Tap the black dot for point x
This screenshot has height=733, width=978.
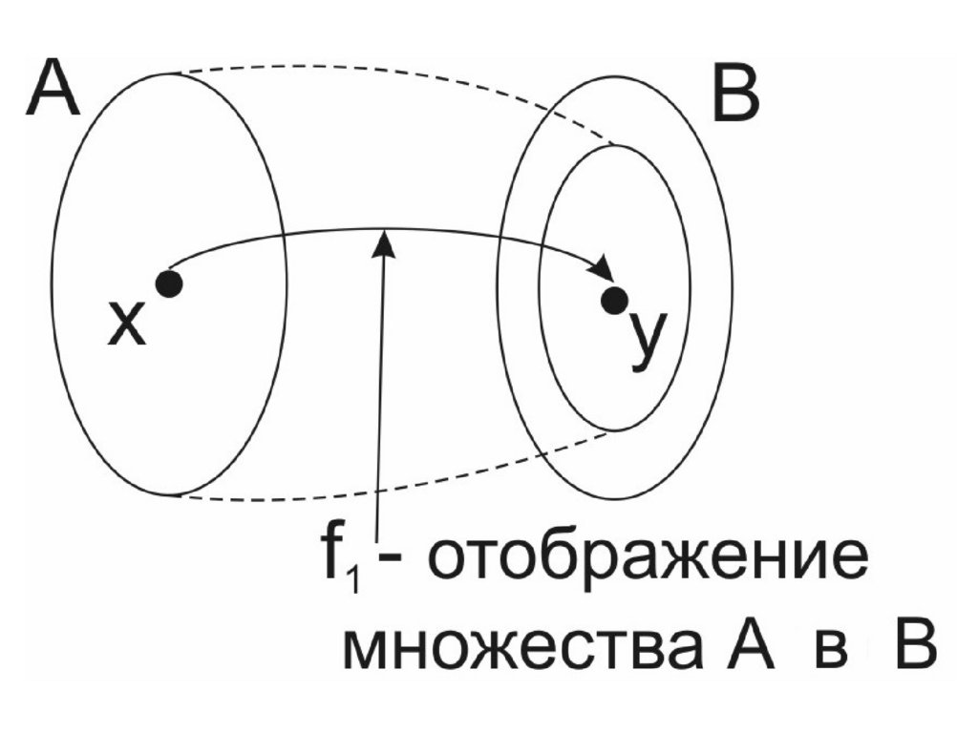coord(169,283)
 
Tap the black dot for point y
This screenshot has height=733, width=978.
coord(613,301)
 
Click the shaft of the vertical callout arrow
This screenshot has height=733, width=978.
coord(382,401)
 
